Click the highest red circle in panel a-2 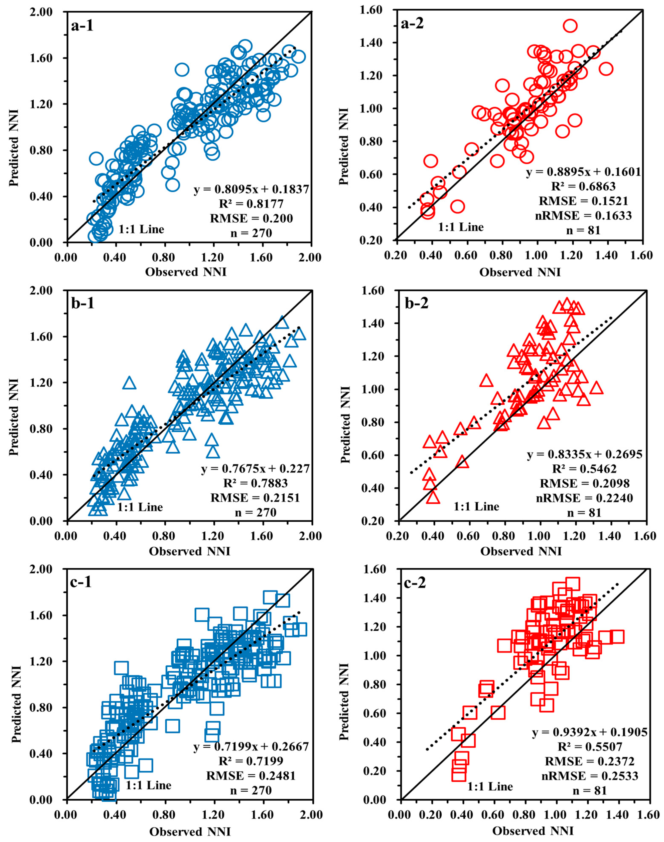(570, 26)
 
